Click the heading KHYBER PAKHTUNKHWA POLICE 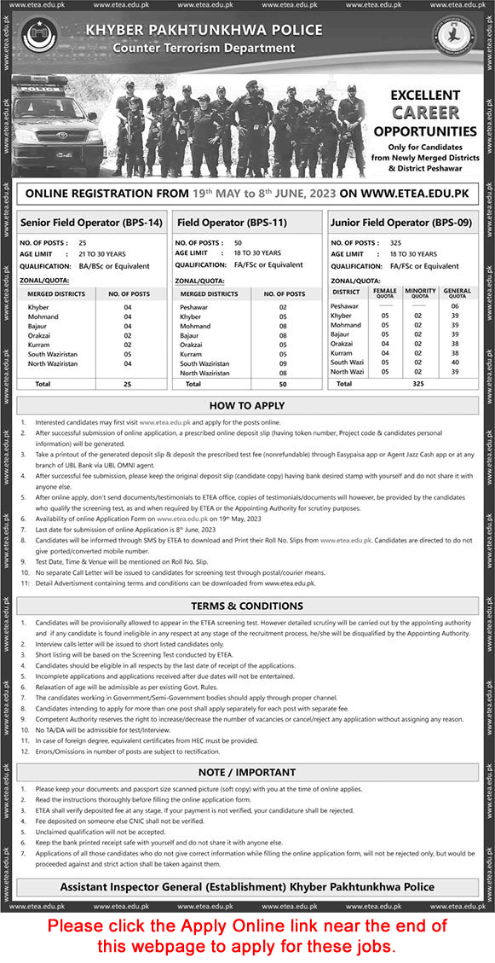click(204, 31)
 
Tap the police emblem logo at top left click(40, 38)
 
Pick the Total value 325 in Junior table click(417, 384)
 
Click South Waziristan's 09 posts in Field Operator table click(283, 363)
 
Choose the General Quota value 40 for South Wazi click(455, 361)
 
